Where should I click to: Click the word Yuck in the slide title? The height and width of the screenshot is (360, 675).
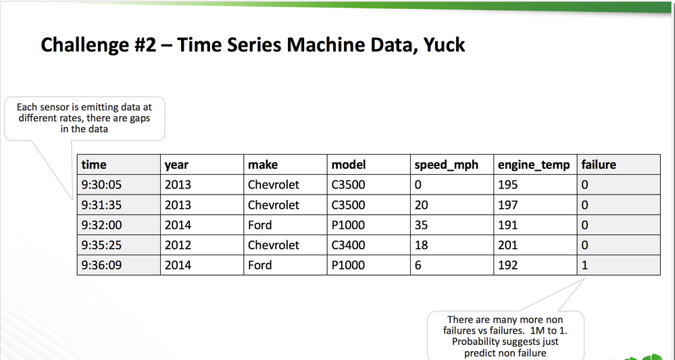point(440,45)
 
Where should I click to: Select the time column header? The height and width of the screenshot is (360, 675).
point(94,164)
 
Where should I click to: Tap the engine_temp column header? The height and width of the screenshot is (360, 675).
point(533,164)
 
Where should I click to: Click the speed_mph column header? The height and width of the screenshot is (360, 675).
point(445,164)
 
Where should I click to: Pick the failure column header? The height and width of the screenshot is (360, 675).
point(598,164)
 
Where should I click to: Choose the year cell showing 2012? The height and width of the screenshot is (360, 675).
point(178,245)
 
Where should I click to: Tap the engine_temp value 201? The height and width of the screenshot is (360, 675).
point(507,245)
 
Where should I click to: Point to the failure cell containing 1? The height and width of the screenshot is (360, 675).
point(584,265)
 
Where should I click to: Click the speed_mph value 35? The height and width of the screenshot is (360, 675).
point(422,225)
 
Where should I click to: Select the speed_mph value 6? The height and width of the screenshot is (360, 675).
point(419,265)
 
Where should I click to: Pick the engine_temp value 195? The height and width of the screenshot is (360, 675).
point(507,185)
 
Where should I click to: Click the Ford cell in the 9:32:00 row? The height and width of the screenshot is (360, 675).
point(260,225)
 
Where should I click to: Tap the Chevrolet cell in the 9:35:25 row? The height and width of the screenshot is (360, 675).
point(273,245)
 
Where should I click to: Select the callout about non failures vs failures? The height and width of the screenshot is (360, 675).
point(505,336)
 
